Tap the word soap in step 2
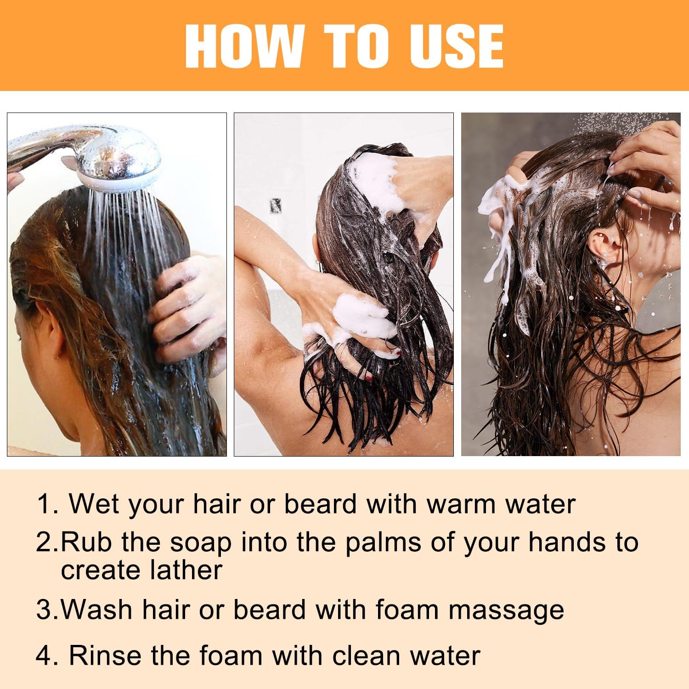(201, 543)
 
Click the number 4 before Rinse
(44, 655)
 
